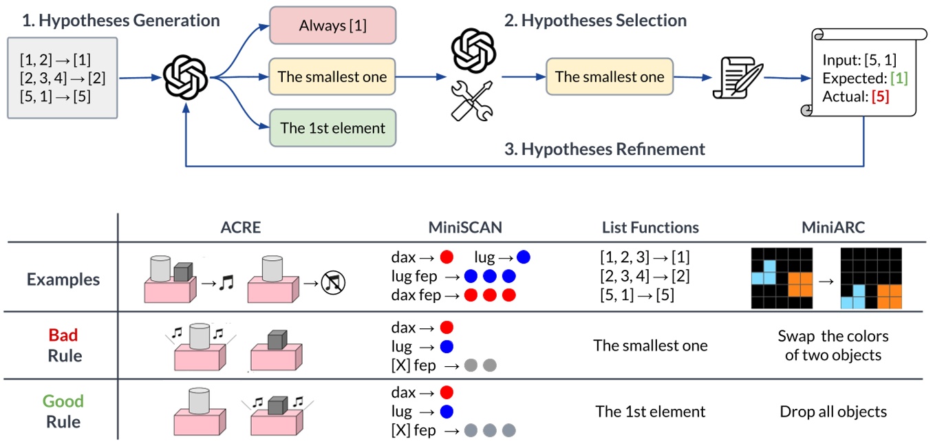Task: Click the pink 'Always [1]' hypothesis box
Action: click(x=333, y=26)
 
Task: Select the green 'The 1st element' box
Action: click(x=333, y=128)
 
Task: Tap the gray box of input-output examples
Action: click(x=63, y=78)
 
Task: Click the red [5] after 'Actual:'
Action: click(x=880, y=97)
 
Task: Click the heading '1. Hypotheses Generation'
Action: click(x=121, y=21)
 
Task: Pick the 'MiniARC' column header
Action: click(x=833, y=227)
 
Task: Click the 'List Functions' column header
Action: click(x=650, y=227)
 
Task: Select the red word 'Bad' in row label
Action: click(x=63, y=335)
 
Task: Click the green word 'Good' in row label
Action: click(x=63, y=401)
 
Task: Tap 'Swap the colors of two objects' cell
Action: click(x=833, y=346)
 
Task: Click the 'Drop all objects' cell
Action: click(x=833, y=412)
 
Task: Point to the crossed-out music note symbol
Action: click(x=336, y=281)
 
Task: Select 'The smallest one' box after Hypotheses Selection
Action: click(x=610, y=76)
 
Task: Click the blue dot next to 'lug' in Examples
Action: click(x=523, y=257)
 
